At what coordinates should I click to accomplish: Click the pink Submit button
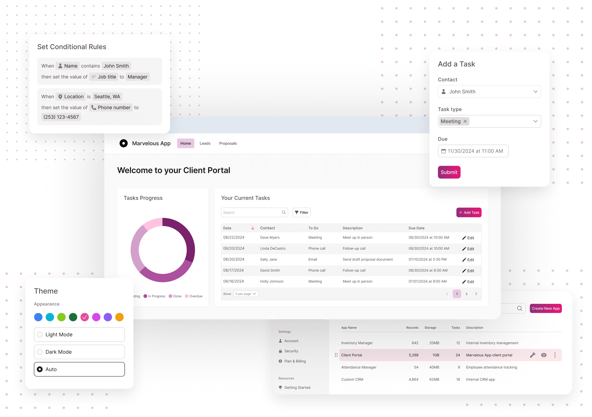tap(449, 172)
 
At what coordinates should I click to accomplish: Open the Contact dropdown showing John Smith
tap(489, 92)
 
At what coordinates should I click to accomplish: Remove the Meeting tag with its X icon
tap(465, 121)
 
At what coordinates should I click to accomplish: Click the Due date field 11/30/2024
tap(473, 151)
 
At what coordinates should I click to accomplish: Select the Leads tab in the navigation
tap(205, 143)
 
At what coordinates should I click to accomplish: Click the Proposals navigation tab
tap(228, 143)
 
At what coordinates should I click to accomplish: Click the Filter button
tap(301, 212)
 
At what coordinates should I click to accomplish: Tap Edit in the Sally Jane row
tap(468, 260)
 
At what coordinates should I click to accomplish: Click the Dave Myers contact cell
tap(270, 237)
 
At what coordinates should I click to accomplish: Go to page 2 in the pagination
tap(466, 294)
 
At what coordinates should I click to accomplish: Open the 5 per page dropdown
tap(246, 294)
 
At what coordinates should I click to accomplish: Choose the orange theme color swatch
tap(119, 317)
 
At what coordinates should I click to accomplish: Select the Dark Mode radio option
tap(79, 352)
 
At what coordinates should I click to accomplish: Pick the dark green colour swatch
tap(73, 317)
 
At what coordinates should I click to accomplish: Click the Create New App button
tap(545, 308)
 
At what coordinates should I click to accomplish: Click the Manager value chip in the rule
tap(137, 77)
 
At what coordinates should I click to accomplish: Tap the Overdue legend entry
tap(194, 296)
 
